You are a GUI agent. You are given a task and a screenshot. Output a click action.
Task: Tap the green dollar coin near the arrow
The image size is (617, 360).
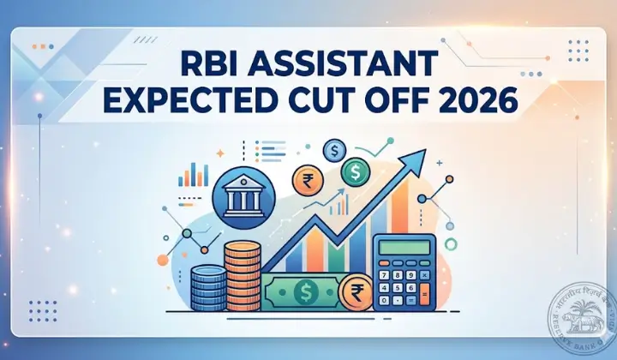coord(355,174)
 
